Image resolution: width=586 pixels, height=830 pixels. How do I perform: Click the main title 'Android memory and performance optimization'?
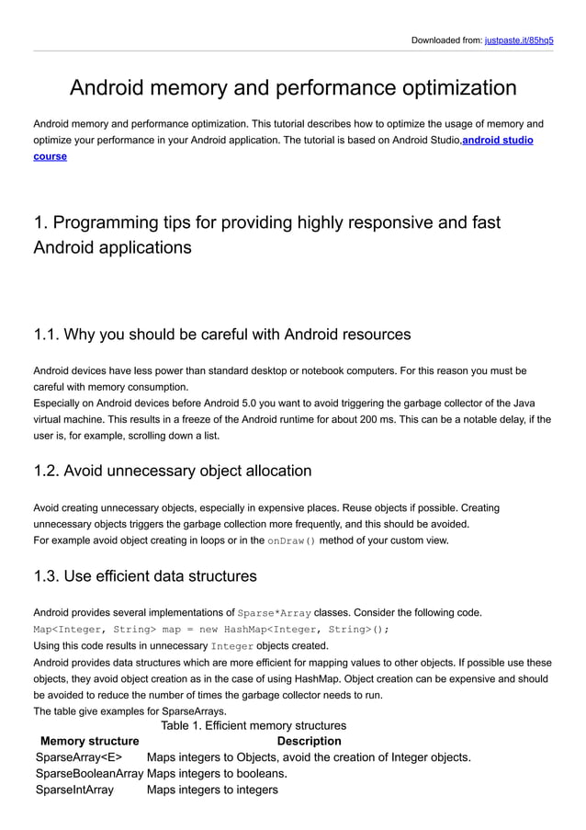293,88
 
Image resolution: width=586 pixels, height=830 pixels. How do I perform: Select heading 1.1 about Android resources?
221,333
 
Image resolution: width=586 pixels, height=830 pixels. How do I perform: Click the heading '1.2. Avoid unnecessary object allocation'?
172,471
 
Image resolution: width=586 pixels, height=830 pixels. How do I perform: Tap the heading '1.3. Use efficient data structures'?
145,576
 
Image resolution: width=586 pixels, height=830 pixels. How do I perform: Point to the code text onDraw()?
291,540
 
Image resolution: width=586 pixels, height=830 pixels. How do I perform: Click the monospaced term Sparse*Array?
274,613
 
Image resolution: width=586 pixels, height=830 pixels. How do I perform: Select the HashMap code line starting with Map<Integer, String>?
211,630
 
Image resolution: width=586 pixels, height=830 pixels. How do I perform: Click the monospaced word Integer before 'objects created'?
231,646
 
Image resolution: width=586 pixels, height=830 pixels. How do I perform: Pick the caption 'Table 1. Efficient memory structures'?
254,725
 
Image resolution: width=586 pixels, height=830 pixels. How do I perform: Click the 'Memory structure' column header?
90,741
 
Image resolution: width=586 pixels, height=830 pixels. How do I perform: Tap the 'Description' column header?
309,741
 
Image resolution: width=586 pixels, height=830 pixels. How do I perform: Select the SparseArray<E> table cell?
78,757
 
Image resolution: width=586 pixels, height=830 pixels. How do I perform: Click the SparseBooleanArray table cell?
89,773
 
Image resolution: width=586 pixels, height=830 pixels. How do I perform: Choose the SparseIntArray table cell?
74,790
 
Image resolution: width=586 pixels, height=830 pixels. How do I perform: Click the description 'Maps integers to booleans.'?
217,773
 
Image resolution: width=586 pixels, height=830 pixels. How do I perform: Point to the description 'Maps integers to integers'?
212,790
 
